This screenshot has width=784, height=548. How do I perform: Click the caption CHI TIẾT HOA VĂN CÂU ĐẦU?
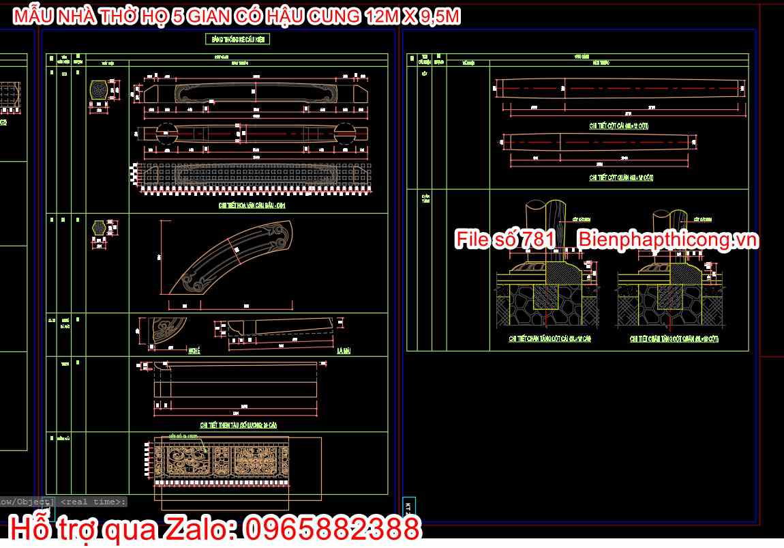click(x=252, y=204)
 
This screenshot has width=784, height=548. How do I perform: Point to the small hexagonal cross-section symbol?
click(x=101, y=227)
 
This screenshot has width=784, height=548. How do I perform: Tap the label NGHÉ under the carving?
click(x=193, y=349)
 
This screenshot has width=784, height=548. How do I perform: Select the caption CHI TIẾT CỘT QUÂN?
click(x=621, y=177)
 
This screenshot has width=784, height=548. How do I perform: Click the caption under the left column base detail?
click(x=549, y=338)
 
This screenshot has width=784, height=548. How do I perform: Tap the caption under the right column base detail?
click(x=674, y=338)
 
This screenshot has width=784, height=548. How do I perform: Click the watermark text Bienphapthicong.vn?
click(x=668, y=240)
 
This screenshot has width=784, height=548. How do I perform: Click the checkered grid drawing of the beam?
click(x=252, y=178)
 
